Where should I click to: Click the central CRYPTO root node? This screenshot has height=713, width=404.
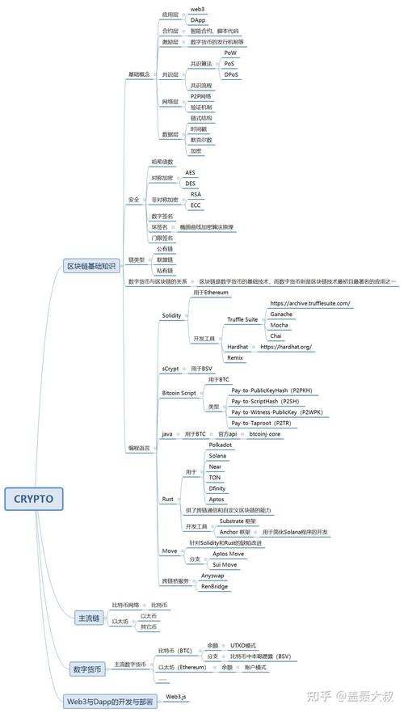[33, 499]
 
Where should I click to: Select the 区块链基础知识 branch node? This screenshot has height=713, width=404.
[95, 266]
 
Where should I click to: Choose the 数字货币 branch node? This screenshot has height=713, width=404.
[87, 669]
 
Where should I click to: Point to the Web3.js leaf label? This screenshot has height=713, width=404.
[177, 695]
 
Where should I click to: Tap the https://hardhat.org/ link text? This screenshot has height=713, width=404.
[286, 346]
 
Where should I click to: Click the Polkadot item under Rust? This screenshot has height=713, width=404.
[220, 445]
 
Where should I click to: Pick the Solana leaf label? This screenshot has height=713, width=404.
[217, 456]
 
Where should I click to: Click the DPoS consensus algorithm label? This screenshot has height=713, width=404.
[231, 74]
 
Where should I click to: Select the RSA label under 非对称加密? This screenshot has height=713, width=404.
[196, 194]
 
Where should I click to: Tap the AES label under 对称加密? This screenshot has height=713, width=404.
[191, 172]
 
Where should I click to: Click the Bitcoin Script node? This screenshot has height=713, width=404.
[179, 393]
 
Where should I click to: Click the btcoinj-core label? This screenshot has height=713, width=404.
[264, 434]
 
